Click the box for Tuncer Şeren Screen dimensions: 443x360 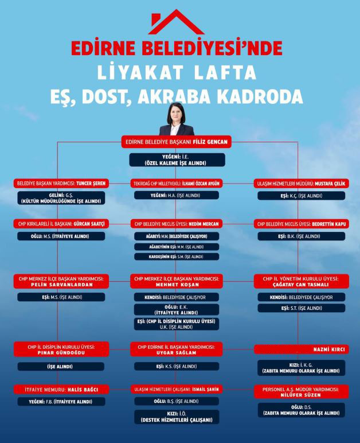61,184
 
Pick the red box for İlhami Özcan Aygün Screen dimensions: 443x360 176,184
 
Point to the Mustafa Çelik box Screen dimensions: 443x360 301,184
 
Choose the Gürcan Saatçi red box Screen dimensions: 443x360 61,223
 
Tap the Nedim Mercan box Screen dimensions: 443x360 176,223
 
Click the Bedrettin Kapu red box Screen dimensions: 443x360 301,223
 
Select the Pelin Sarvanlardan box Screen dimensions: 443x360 61,281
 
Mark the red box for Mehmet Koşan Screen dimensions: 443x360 176,281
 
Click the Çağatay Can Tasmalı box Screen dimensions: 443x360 301,281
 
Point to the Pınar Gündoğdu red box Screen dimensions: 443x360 61,349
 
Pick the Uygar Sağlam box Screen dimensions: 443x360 176,349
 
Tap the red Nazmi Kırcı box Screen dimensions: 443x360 301,349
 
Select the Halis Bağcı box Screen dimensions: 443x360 61,390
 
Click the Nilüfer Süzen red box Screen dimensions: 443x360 301,392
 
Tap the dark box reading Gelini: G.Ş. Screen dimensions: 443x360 61,198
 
